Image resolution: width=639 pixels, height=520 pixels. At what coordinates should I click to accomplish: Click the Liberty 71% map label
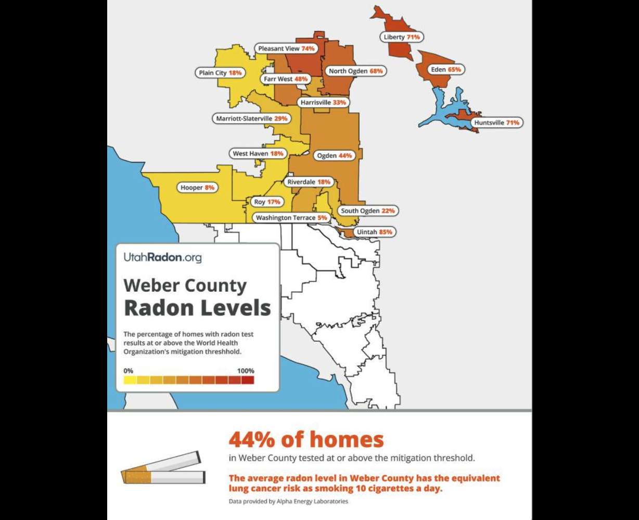(401, 37)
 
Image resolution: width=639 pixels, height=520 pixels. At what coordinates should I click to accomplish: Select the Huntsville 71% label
(496, 123)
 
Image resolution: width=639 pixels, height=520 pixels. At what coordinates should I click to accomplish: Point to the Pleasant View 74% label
(287, 48)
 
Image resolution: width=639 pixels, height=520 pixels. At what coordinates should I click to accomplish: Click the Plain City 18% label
(221, 73)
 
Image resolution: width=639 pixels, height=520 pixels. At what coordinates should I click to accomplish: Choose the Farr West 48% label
(286, 79)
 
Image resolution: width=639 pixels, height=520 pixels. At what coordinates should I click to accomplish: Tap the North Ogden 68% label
(355, 71)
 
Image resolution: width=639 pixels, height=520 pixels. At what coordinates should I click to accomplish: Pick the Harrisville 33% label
(323, 102)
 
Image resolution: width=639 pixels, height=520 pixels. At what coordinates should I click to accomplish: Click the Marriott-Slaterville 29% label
(252, 119)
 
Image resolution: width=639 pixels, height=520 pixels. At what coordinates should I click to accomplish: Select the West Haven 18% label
(258, 154)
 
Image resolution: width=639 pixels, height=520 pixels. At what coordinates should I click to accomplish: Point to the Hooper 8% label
(197, 188)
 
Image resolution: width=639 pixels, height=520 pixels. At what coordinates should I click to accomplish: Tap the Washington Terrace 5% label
(291, 218)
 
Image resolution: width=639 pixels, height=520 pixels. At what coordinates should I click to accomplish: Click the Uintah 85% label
(374, 232)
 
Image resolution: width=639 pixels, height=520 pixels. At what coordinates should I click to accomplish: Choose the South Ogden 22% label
(368, 211)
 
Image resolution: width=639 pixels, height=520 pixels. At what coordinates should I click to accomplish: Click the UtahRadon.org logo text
(162, 257)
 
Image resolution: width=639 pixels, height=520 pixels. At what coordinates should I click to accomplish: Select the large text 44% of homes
(306, 440)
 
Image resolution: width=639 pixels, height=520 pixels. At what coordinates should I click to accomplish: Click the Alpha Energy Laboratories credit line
(288, 502)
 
